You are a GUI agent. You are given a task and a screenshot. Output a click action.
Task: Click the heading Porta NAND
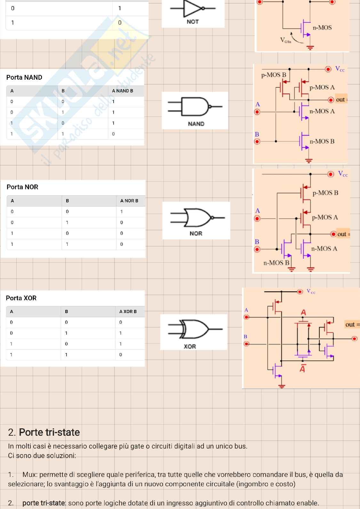[24, 77]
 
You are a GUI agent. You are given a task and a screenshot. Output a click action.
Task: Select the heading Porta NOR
[22, 187]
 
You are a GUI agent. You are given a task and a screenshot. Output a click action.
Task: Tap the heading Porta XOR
[21, 298]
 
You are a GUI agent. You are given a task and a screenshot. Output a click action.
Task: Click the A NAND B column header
[123, 91]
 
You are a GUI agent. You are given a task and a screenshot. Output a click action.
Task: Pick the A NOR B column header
[129, 201]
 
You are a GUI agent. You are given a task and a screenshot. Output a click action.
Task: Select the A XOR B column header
[128, 311]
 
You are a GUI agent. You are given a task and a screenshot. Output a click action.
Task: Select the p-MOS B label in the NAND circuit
[274, 75]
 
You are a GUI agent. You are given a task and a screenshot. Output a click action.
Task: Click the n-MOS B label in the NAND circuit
[322, 141]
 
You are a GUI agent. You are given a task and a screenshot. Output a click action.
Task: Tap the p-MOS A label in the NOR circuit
[325, 217]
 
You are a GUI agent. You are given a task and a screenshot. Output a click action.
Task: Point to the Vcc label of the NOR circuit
[343, 174]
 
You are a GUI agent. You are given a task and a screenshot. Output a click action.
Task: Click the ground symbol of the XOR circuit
[282, 386]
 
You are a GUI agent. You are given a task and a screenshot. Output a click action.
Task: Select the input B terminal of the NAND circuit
[257, 141]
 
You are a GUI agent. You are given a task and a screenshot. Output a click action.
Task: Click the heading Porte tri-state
[44, 432]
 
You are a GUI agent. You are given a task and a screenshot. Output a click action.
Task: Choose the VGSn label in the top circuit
[286, 40]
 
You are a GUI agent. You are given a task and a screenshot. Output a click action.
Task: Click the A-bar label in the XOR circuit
[302, 369]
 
